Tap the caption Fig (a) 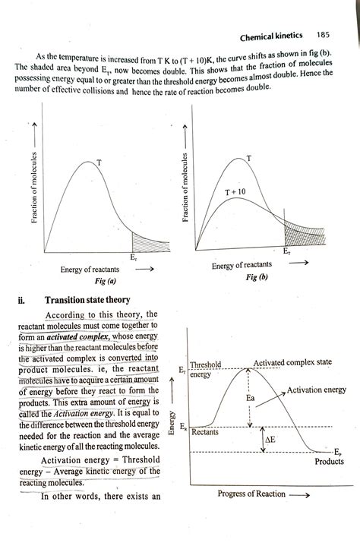pyautogui.click(x=93, y=282)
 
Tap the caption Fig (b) pyautogui.click(x=257, y=277)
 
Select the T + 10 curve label pyautogui.click(x=235, y=193)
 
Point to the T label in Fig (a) pyautogui.click(x=99, y=163)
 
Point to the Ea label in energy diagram pyautogui.click(x=251, y=398)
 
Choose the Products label pyautogui.click(x=329, y=461)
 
